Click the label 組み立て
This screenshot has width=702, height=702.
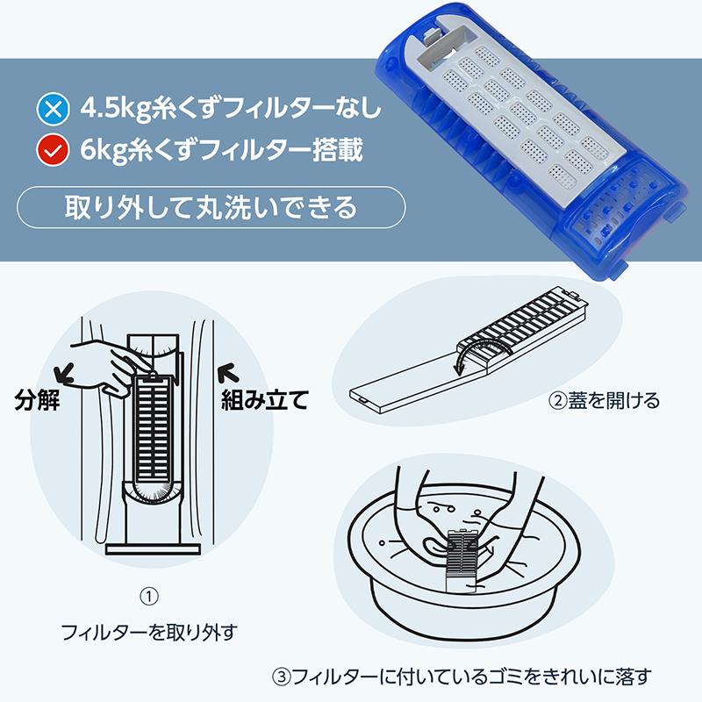pyautogui.click(x=263, y=403)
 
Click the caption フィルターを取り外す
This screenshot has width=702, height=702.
pyautogui.click(x=149, y=631)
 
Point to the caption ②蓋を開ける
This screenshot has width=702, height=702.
pyautogui.click(x=604, y=403)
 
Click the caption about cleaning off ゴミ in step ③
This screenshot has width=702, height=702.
pyautogui.click(x=462, y=676)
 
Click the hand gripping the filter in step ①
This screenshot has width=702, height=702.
pyautogui.click(x=114, y=360)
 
